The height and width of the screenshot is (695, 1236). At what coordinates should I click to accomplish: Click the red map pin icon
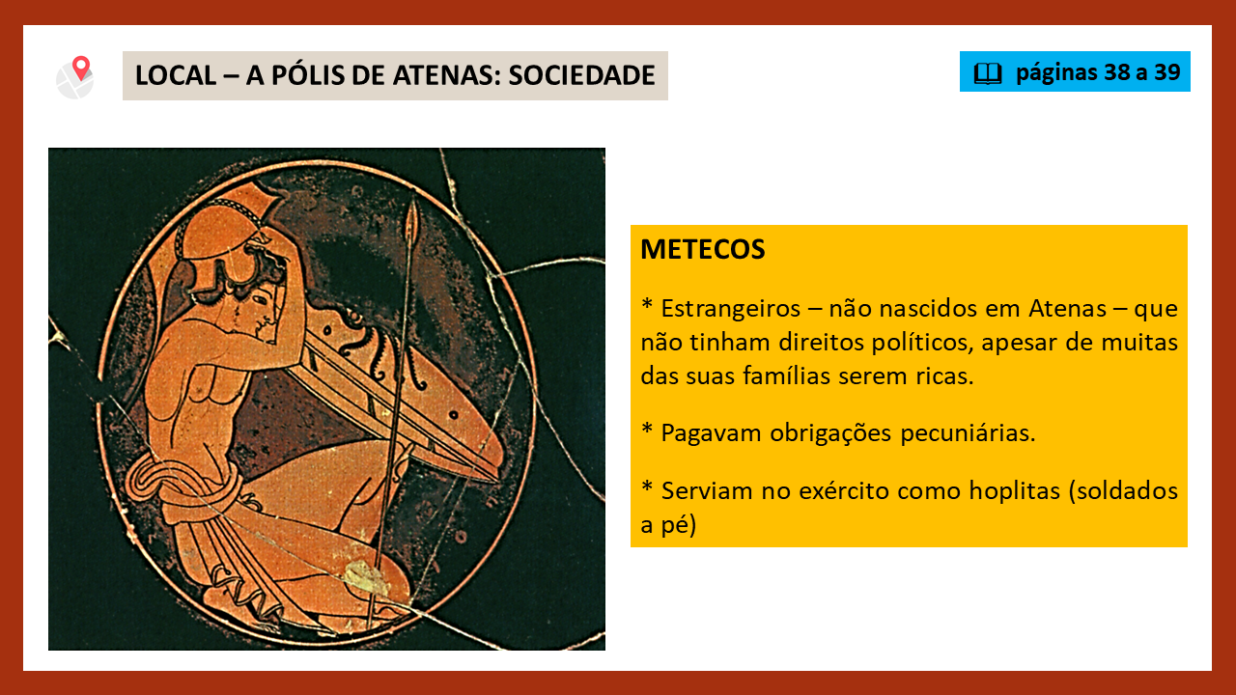(x=81, y=68)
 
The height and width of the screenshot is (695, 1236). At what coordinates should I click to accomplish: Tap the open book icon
(x=987, y=72)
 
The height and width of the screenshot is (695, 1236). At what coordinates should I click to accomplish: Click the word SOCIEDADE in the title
(x=581, y=75)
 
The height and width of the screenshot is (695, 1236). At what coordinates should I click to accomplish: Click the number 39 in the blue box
(x=1167, y=72)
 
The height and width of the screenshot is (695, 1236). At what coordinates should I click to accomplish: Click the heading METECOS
(x=702, y=249)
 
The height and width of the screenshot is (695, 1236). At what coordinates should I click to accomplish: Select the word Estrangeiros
(x=731, y=309)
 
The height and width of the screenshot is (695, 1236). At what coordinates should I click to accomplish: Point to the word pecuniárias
(x=968, y=433)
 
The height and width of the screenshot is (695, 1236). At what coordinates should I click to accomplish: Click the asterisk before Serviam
(x=647, y=486)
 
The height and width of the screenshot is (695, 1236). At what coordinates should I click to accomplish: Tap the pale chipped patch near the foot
(x=367, y=578)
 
